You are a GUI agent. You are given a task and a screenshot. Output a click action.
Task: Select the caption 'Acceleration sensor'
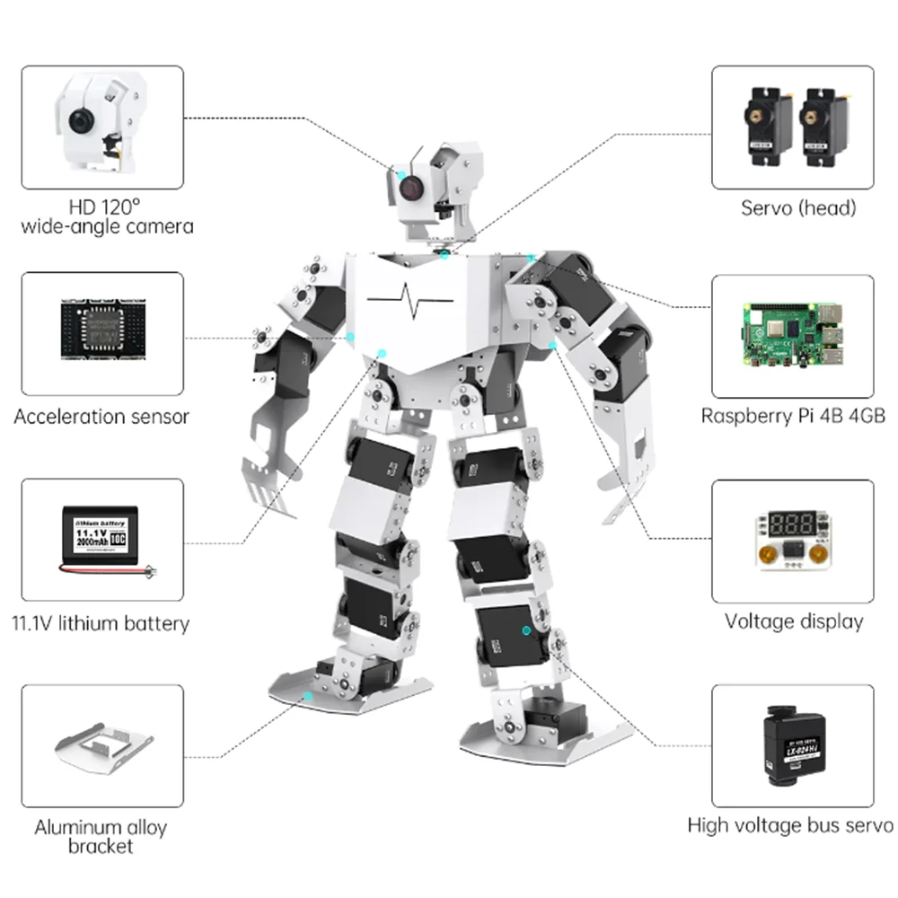101,417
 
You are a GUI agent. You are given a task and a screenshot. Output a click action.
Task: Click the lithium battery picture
101,540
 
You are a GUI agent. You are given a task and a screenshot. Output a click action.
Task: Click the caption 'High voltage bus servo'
790,825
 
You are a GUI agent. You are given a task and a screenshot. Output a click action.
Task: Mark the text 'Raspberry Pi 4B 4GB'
792,417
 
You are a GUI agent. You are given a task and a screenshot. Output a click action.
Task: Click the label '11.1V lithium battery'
101,622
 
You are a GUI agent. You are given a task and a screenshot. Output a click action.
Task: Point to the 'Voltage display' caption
794,621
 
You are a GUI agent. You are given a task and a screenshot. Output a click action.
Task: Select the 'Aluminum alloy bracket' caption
101,836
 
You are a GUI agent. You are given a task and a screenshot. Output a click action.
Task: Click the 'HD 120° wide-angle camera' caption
106,216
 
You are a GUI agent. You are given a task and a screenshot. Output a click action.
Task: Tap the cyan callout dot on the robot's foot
308,696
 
